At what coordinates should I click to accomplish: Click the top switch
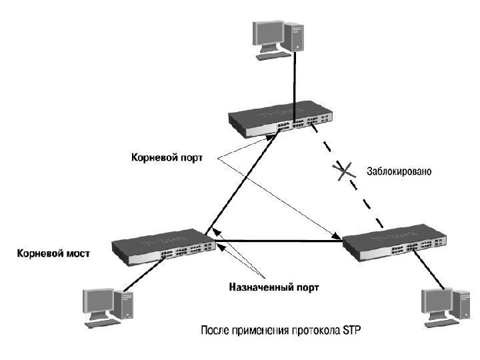[x=280, y=118]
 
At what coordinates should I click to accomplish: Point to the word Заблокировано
[x=399, y=172]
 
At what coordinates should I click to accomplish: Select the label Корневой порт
[x=166, y=158]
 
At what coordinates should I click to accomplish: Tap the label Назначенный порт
[x=274, y=288]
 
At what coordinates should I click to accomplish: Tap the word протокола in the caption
[x=313, y=330]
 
